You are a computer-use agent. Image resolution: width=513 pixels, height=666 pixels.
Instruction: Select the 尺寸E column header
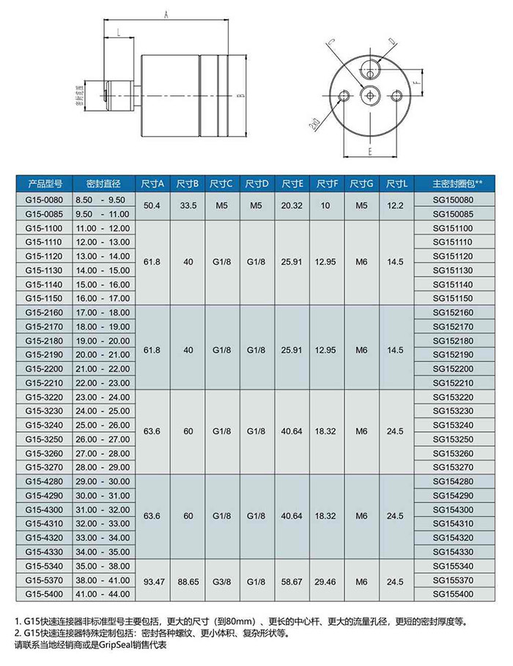(292, 183)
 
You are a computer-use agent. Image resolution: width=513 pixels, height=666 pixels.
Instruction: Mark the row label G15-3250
(45, 439)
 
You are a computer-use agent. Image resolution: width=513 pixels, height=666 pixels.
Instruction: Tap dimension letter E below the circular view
(371, 151)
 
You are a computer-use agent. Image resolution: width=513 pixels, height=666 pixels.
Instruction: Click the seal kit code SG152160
(454, 312)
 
